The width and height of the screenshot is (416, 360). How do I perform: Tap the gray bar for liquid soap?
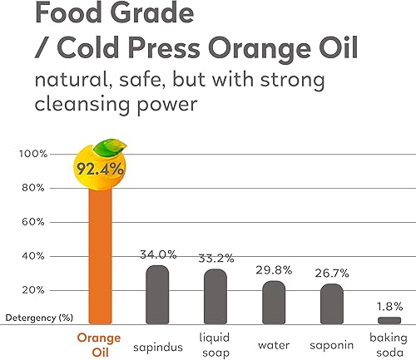point(215,296)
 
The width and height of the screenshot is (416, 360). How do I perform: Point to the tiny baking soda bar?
point(389,320)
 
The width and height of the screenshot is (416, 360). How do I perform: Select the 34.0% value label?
point(158,254)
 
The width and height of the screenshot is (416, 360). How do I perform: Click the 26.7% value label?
point(331,273)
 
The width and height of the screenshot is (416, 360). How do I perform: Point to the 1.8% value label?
point(389,306)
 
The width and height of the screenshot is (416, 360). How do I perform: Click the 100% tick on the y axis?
point(30,155)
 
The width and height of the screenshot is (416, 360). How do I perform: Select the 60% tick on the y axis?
point(32,222)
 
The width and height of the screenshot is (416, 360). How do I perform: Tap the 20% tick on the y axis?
point(32,290)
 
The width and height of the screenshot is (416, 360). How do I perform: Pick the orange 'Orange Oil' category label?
point(98,344)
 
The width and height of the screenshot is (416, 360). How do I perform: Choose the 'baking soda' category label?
point(389,344)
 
